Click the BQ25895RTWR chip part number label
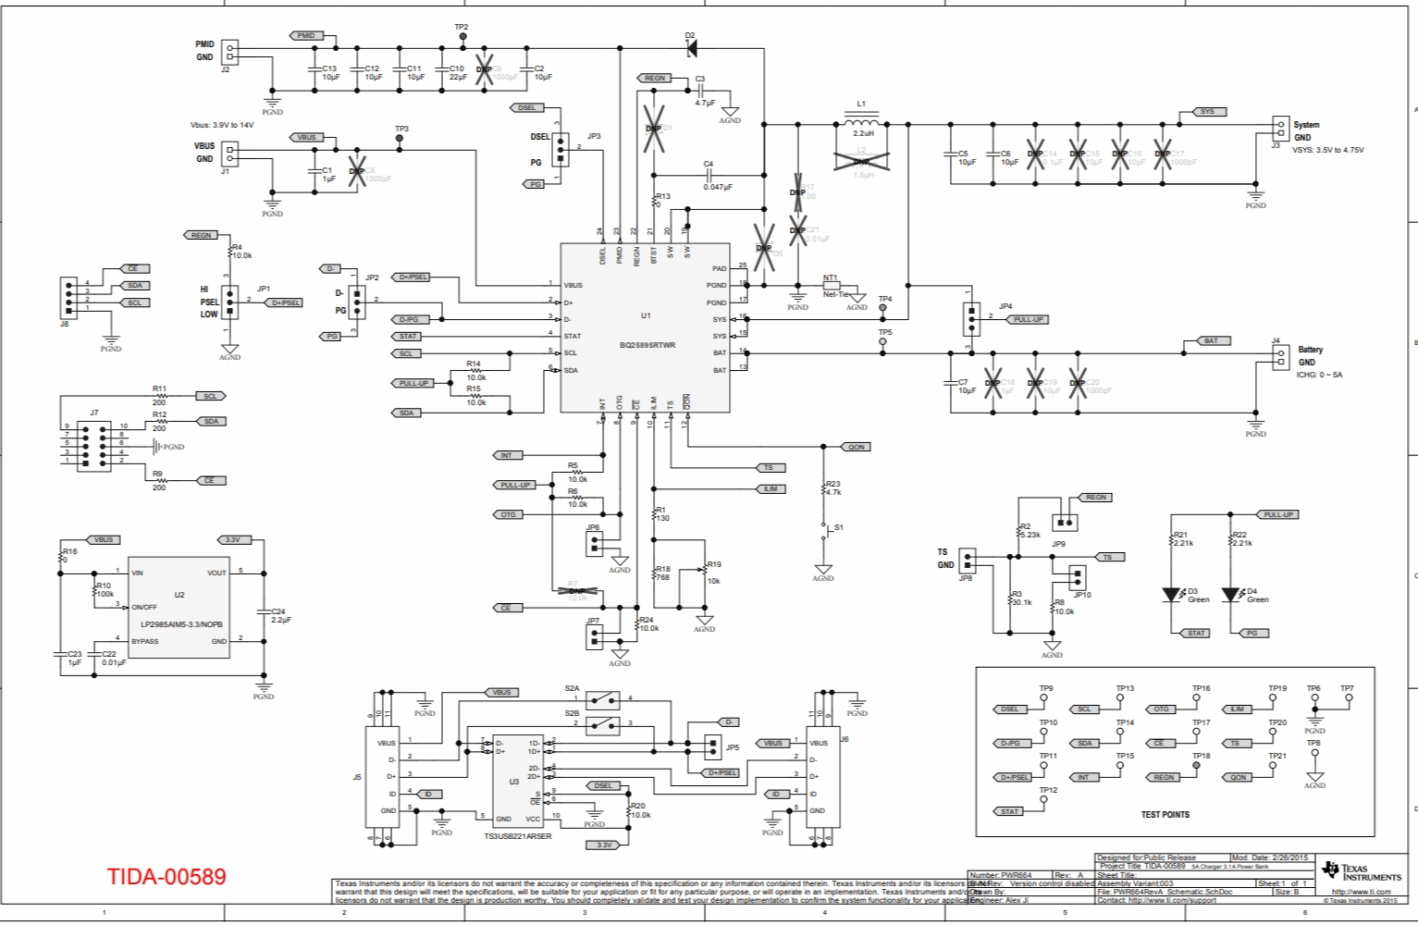(x=647, y=345)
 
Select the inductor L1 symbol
(x=861, y=123)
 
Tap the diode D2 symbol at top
(x=691, y=48)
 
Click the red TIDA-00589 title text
(x=166, y=876)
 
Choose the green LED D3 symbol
(x=1174, y=595)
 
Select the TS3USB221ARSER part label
(x=517, y=836)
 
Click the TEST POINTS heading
(x=1165, y=815)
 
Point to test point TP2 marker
(x=462, y=36)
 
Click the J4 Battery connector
(x=1280, y=357)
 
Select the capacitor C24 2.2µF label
(x=280, y=615)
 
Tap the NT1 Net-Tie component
(x=831, y=286)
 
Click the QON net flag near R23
(x=856, y=447)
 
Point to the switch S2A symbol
(x=606, y=697)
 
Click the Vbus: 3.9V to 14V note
(x=222, y=125)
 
